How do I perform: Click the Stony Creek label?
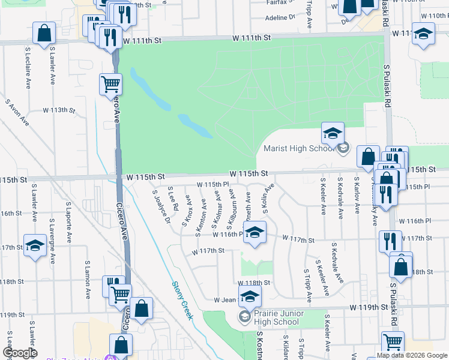(182, 300)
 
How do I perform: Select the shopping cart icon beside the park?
(110, 85)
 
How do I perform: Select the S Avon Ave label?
(18, 113)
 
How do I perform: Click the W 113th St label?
(59, 110)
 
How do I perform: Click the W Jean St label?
(227, 299)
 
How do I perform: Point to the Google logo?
(20, 353)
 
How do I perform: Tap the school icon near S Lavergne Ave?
(35, 245)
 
